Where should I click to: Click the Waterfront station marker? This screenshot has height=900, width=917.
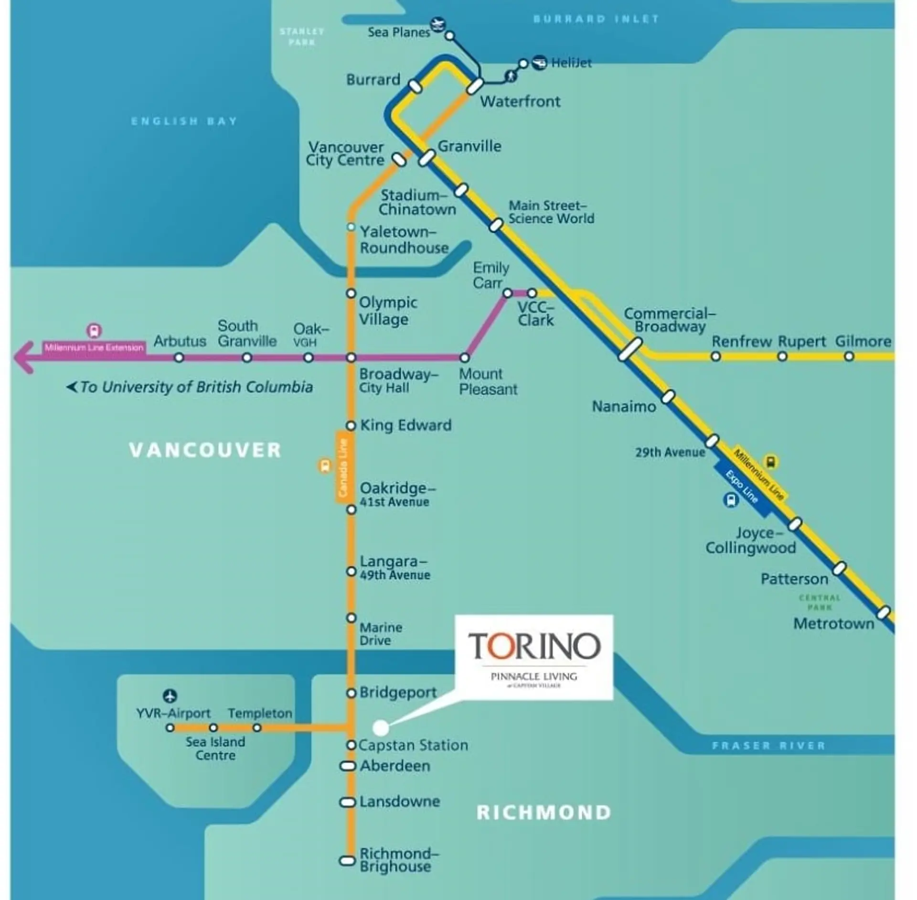click(475, 86)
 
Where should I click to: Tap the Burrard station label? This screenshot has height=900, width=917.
click(373, 79)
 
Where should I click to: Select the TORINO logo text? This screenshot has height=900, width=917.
click(534, 646)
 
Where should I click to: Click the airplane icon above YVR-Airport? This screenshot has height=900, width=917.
click(170, 696)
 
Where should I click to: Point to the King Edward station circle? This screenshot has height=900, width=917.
click(351, 425)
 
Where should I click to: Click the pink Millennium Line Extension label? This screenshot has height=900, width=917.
click(94, 347)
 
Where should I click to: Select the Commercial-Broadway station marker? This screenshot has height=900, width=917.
click(630, 349)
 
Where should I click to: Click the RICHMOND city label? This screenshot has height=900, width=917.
click(544, 813)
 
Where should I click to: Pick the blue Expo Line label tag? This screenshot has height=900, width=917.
click(742, 488)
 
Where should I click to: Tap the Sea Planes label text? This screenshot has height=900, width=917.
click(398, 33)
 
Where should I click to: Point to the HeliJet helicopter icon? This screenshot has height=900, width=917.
click(539, 62)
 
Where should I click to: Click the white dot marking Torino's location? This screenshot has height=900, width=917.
click(381, 728)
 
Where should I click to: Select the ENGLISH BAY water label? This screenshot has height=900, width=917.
click(184, 121)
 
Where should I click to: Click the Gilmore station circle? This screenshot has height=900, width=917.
click(849, 357)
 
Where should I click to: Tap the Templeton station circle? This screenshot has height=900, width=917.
click(257, 728)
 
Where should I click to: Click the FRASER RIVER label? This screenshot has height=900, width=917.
click(768, 746)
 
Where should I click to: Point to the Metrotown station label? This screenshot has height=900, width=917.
click(833, 623)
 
